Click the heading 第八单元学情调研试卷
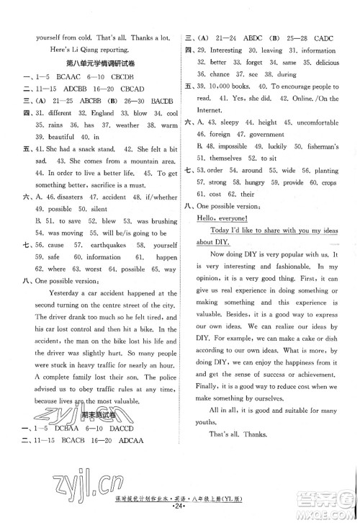pos(98,63)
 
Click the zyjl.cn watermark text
pos(81,475)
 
